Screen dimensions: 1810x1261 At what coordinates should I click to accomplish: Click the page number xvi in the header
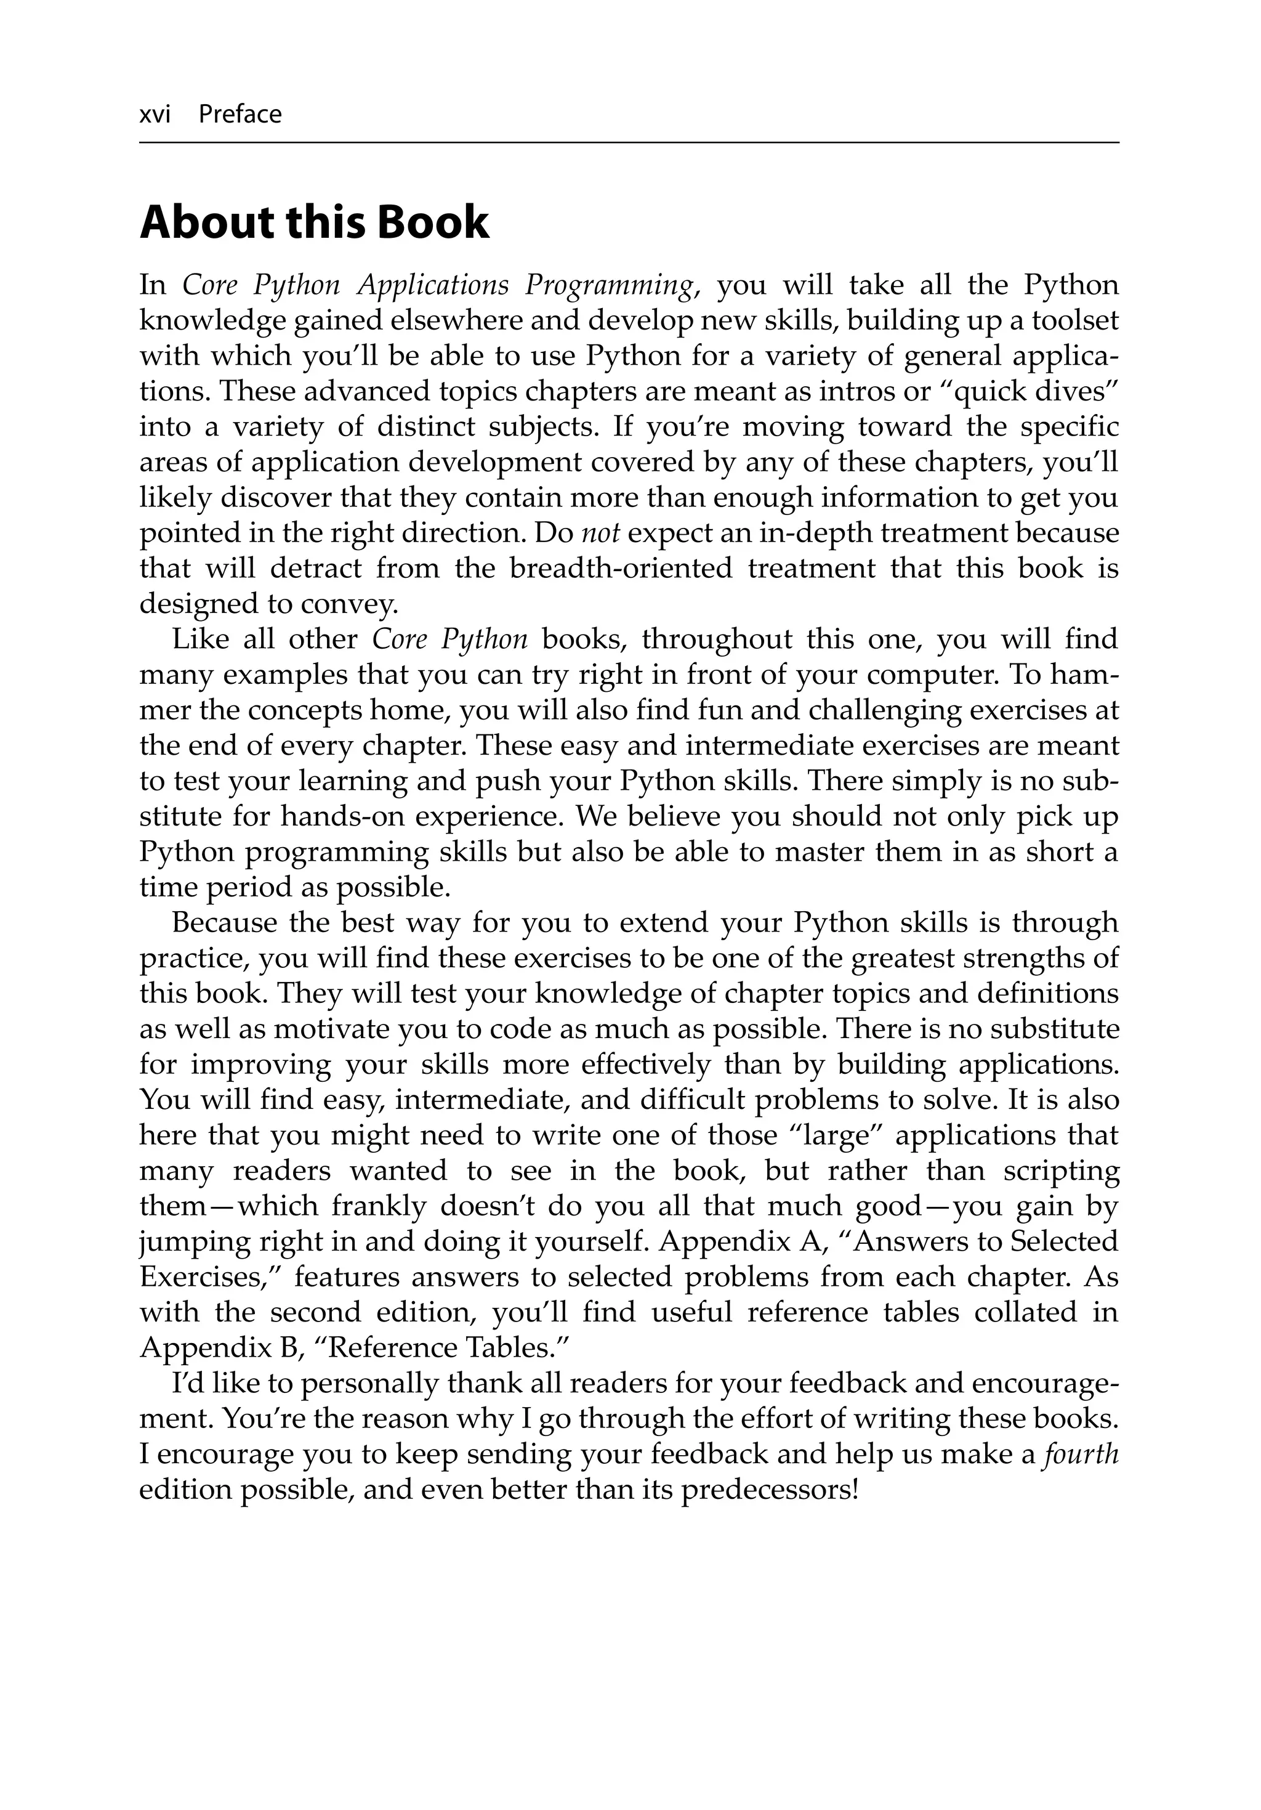[155, 115]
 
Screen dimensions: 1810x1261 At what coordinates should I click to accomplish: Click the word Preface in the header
[240, 115]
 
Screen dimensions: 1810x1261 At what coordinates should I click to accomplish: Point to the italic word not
[600, 534]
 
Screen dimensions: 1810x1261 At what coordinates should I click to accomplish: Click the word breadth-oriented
[620, 569]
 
